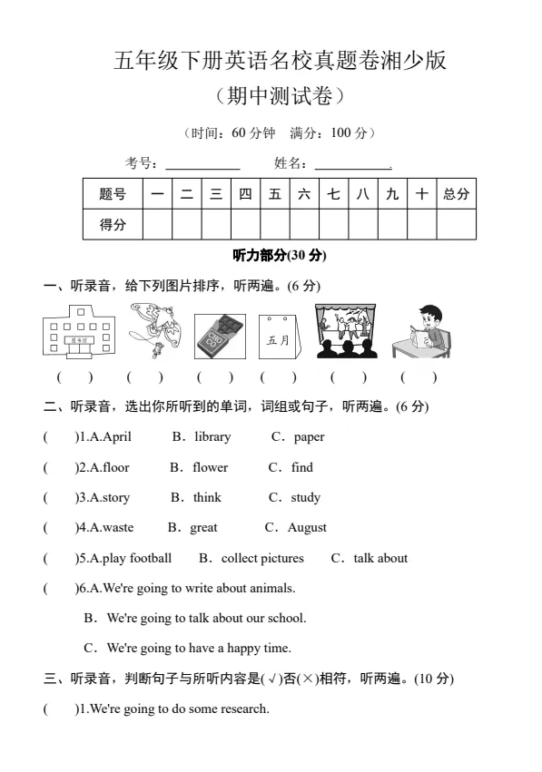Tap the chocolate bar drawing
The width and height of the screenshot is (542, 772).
(220, 336)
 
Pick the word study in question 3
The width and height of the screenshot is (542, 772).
(305, 498)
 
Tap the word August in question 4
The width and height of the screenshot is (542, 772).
(307, 528)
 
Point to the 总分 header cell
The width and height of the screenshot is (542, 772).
(456, 194)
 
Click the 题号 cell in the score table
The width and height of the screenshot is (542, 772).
(113, 194)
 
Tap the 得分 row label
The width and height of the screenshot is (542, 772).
(113, 225)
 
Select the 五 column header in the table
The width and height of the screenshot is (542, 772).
(274, 194)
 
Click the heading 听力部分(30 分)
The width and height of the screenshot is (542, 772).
(280, 256)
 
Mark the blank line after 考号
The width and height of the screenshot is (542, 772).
(202, 165)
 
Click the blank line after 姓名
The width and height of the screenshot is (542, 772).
(352, 165)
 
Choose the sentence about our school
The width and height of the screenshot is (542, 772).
(206, 619)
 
